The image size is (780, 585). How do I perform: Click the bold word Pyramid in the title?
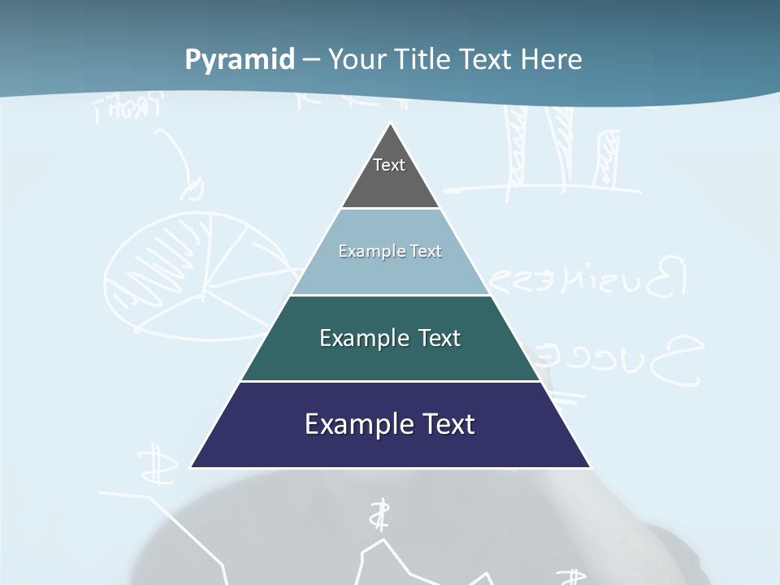[240, 60]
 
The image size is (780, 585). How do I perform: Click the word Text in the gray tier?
[388, 165]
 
